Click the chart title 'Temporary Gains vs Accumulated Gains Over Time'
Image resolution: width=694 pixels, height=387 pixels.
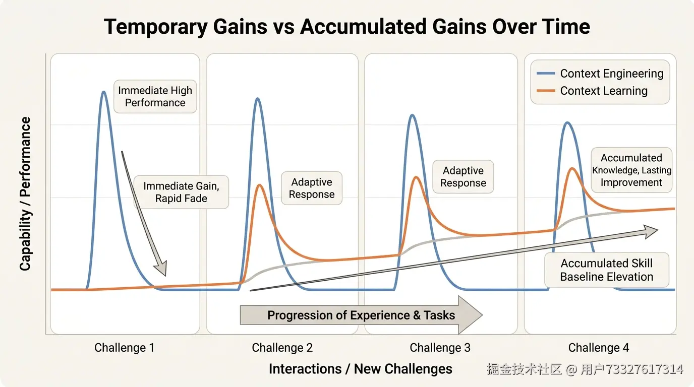[346, 27]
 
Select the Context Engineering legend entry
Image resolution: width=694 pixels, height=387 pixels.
[600, 74]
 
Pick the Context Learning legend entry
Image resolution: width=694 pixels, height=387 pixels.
[592, 91]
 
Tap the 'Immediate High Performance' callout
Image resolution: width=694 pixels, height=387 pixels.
[155, 97]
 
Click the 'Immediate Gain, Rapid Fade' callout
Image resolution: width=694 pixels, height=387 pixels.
[181, 192]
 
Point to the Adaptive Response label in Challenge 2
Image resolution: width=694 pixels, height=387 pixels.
[312, 188]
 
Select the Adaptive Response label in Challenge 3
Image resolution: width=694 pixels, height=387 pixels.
[463, 177]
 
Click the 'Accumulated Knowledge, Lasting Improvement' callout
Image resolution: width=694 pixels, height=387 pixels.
[631, 170]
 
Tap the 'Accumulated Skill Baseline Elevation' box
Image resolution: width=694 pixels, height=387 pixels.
[607, 270]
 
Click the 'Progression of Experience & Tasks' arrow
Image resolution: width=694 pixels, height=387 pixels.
[361, 315]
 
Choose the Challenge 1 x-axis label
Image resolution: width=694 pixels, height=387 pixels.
[124, 348]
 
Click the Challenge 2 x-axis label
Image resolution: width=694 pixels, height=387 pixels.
[282, 348]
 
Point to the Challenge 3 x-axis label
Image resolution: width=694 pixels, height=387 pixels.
[440, 348]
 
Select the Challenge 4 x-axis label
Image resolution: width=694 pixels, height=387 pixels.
[599, 348]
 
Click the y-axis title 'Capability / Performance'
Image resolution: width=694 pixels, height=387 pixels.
[25, 194]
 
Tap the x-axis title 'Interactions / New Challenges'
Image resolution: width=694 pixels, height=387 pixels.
[360, 369]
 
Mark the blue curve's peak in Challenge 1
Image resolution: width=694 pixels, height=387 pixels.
[104, 92]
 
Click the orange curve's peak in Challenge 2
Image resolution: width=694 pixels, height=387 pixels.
[260, 185]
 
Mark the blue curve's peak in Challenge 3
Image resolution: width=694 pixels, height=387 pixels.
[413, 115]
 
